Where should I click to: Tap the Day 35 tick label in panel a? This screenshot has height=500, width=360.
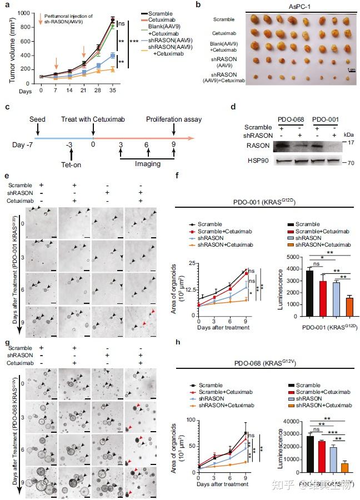[x=113, y=90]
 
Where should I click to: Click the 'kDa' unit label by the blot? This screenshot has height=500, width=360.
[x=349, y=135]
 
